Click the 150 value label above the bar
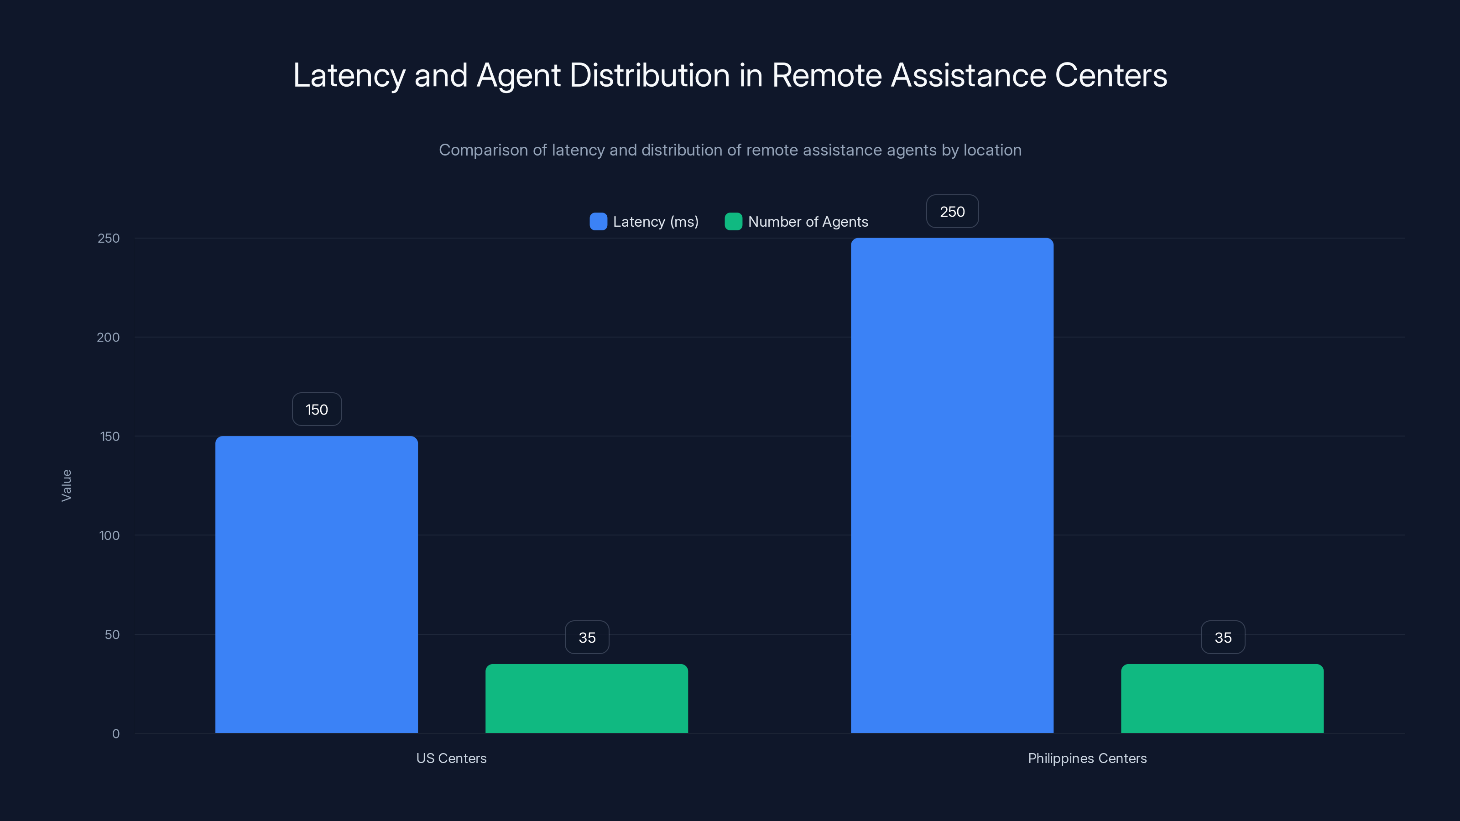317,409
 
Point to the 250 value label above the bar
952,211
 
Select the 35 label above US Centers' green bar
587,638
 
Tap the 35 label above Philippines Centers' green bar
1223,638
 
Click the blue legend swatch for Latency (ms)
598,222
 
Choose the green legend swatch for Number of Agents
733,222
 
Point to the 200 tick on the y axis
108,337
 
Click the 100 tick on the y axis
109,535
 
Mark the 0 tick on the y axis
115,734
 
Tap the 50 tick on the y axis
112,634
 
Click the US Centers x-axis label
451,758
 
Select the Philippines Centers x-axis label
1087,758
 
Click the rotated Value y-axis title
66,485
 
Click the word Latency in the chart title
349,75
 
